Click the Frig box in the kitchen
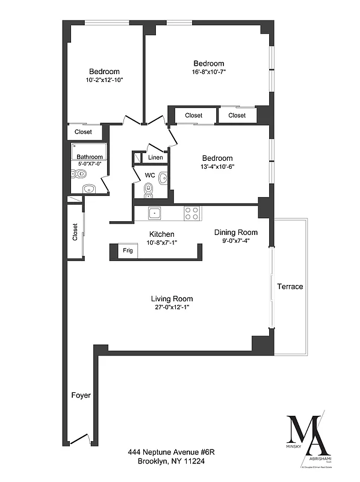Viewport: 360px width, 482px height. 128,251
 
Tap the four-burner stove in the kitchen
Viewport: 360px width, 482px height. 192,213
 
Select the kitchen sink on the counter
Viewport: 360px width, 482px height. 154,213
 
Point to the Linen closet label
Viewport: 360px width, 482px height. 155,158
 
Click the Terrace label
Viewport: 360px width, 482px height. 290,287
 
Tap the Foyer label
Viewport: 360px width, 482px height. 81,396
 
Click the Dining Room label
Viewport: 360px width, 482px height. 236,233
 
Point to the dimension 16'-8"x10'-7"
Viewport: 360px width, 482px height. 209,72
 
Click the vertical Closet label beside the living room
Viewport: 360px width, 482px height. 75,232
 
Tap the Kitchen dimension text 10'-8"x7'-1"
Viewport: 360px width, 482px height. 162,243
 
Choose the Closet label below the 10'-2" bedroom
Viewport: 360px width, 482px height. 83,132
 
